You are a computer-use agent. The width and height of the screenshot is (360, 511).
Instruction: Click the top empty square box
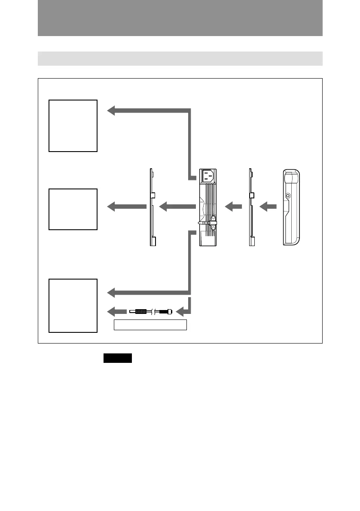pos(73,125)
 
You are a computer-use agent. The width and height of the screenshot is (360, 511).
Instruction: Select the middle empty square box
pos(73,209)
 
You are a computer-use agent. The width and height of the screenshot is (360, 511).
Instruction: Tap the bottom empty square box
pos(73,305)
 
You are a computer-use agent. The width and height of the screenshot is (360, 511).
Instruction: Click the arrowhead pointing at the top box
pos(112,111)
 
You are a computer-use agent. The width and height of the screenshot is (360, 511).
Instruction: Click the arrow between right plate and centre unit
pos(232,207)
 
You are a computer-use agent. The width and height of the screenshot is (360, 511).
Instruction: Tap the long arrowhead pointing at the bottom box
pos(112,293)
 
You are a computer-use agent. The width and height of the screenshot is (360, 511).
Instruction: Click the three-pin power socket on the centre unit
pos(208,176)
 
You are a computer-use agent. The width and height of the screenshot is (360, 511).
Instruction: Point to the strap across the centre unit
pos(207,223)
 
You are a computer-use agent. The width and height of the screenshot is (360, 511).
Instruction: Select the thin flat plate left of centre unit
pos(152,207)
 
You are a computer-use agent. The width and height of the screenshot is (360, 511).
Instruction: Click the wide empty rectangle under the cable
pos(150,325)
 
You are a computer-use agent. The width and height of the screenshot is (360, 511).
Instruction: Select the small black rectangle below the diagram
pos(117,358)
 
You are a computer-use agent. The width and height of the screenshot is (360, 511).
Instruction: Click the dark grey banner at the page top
pos(180,18)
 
